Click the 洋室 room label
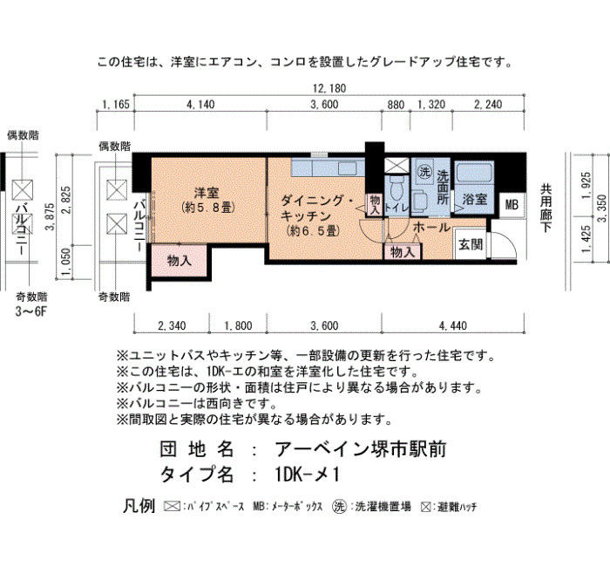click(207, 193)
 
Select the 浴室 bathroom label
click(475, 199)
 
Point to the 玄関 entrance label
click(471, 244)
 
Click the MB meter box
click(512, 204)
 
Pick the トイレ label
click(396, 208)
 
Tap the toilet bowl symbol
click(396, 188)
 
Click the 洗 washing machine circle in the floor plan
click(424, 171)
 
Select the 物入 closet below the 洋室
click(179, 261)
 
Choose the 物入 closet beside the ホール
click(403, 252)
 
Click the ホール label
click(431, 228)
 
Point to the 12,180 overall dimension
click(329, 88)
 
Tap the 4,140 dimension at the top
click(200, 105)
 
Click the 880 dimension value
click(396, 105)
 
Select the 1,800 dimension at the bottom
click(238, 325)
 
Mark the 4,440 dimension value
click(453, 325)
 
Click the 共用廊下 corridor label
click(546, 208)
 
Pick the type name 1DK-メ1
click(308, 475)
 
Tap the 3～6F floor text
click(30, 311)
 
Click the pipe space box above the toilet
click(396, 165)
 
